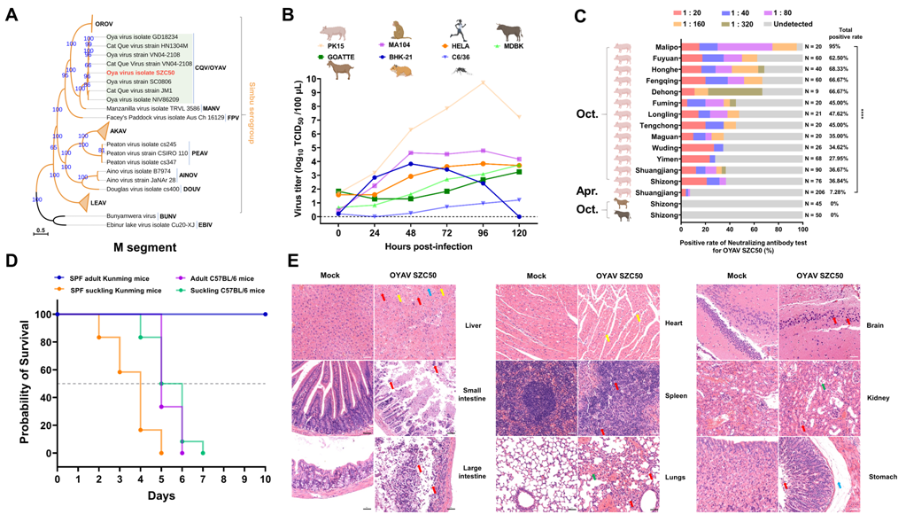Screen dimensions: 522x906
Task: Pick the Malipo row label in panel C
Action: [x=661, y=47]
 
